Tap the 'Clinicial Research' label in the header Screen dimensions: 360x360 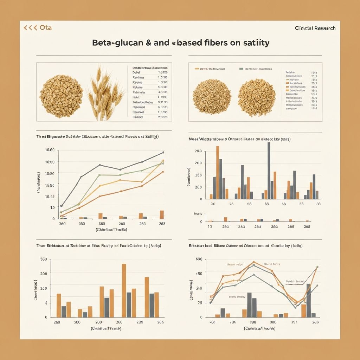point(315,28)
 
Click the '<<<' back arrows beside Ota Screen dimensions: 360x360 point(30,28)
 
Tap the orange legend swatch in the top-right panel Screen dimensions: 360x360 point(197,69)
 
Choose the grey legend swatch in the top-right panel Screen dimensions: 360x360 point(241,69)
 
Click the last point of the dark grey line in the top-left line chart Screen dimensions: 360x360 point(163,153)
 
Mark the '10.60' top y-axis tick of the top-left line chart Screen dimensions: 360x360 point(50,150)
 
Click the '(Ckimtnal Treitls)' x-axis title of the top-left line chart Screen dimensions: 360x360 point(111,229)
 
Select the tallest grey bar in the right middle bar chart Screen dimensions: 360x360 point(269,171)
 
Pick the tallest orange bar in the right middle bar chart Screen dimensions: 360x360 point(217,172)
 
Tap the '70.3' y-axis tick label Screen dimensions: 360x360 point(198,151)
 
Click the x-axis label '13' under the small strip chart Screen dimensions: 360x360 point(210,227)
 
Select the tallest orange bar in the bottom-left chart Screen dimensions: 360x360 point(124,290)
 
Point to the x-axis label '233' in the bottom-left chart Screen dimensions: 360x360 point(140,322)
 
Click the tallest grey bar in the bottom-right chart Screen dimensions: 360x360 point(308,300)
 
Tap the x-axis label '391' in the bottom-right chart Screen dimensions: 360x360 point(294,322)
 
